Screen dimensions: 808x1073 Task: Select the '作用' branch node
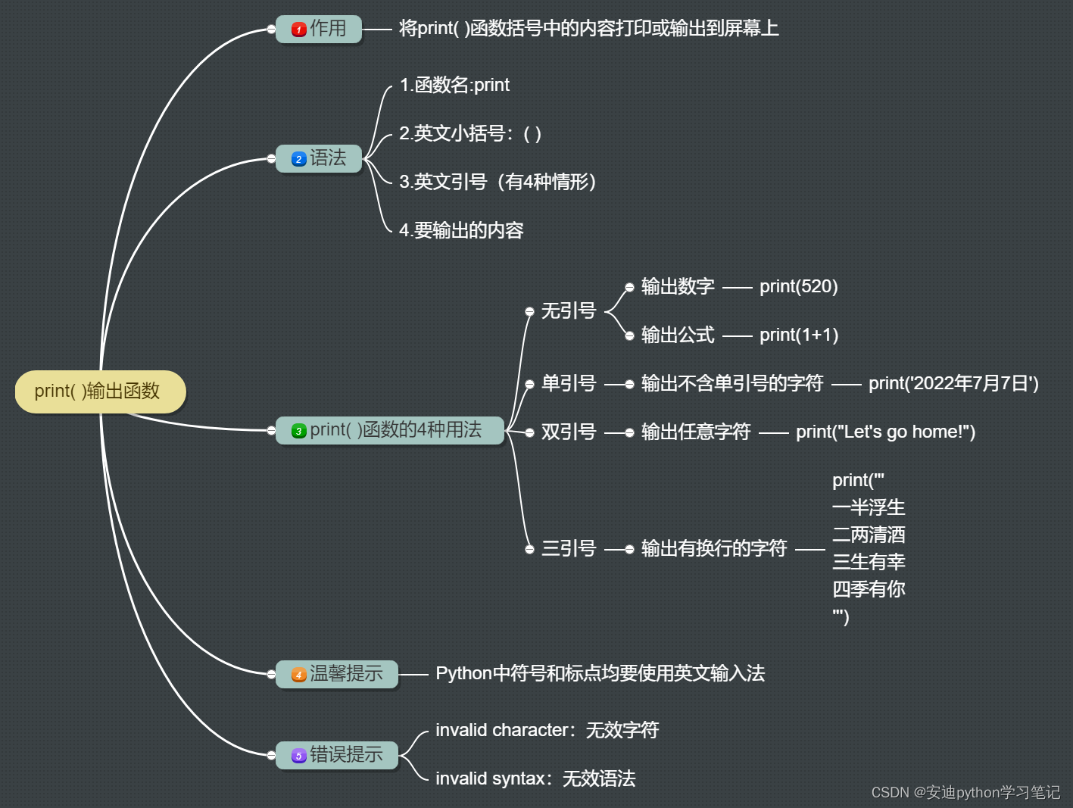point(319,29)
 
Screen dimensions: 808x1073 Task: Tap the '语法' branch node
point(319,158)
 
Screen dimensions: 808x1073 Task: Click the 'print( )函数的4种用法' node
point(389,430)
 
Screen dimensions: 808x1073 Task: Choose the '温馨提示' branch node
point(337,673)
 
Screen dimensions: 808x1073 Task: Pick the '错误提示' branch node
point(337,754)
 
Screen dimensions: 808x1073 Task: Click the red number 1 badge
point(299,30)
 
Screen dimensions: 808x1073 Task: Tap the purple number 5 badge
point(299,756)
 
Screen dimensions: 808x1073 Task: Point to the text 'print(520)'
point(798,286)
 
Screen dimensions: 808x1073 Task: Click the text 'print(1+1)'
point(798,335)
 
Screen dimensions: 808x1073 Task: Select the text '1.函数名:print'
point(454,85)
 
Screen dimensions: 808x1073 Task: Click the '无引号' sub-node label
point(568,311)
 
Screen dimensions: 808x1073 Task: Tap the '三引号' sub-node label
point(568,548)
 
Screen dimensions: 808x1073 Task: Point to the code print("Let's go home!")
point(885,432)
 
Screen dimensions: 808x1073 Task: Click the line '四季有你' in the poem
point(869,589)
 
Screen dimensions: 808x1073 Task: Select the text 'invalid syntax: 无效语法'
point(535,778)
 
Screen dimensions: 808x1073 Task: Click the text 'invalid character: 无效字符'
point(547,730)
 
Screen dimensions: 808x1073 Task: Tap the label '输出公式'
point(678,335)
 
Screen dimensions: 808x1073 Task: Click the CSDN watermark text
point(965,792)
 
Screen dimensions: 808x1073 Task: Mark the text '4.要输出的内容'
point(461,230)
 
